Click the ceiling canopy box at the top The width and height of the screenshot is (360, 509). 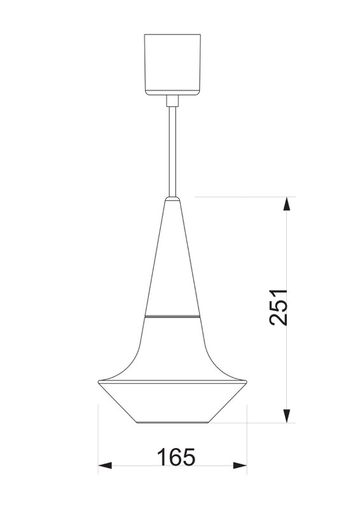click(x=172, y=65)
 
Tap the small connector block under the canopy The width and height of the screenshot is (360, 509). click(x=172, y=101)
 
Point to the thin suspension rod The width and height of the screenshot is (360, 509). click(x=172, y=151)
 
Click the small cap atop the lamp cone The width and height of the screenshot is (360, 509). click(x=172, y=199)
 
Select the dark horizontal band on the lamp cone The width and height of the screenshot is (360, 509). click(x=172, y=316)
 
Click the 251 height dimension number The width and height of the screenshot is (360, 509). click(x=279, y=307)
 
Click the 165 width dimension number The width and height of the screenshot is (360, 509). click(x=176, y=457)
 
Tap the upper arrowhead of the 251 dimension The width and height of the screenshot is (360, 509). click(x=286, y=204)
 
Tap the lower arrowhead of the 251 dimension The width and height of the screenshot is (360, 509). click(x=286, y=415)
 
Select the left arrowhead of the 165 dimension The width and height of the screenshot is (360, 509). click(x=105, y=466)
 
